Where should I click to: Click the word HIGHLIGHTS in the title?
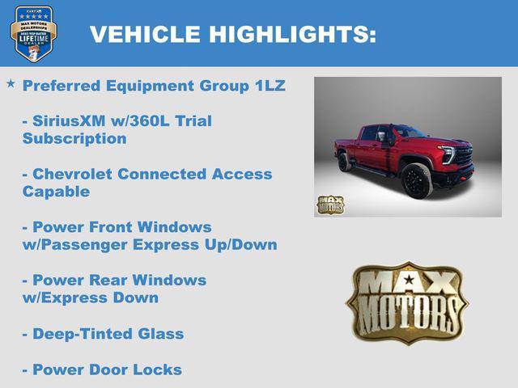(x=292, y=34)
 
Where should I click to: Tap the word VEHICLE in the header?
(x=146, y=34)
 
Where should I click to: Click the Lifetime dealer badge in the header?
(x=33, y=33)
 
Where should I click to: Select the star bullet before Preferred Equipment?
(x=11, y=84)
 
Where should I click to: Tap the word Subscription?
(x=74, y=138)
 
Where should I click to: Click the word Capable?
(x=56, y=192)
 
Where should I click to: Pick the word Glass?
(x=160, y=334)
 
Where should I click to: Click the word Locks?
(x=157, y=369)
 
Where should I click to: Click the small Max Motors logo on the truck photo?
(x=330, y=205)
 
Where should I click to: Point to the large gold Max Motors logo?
(x=407, y=302)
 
